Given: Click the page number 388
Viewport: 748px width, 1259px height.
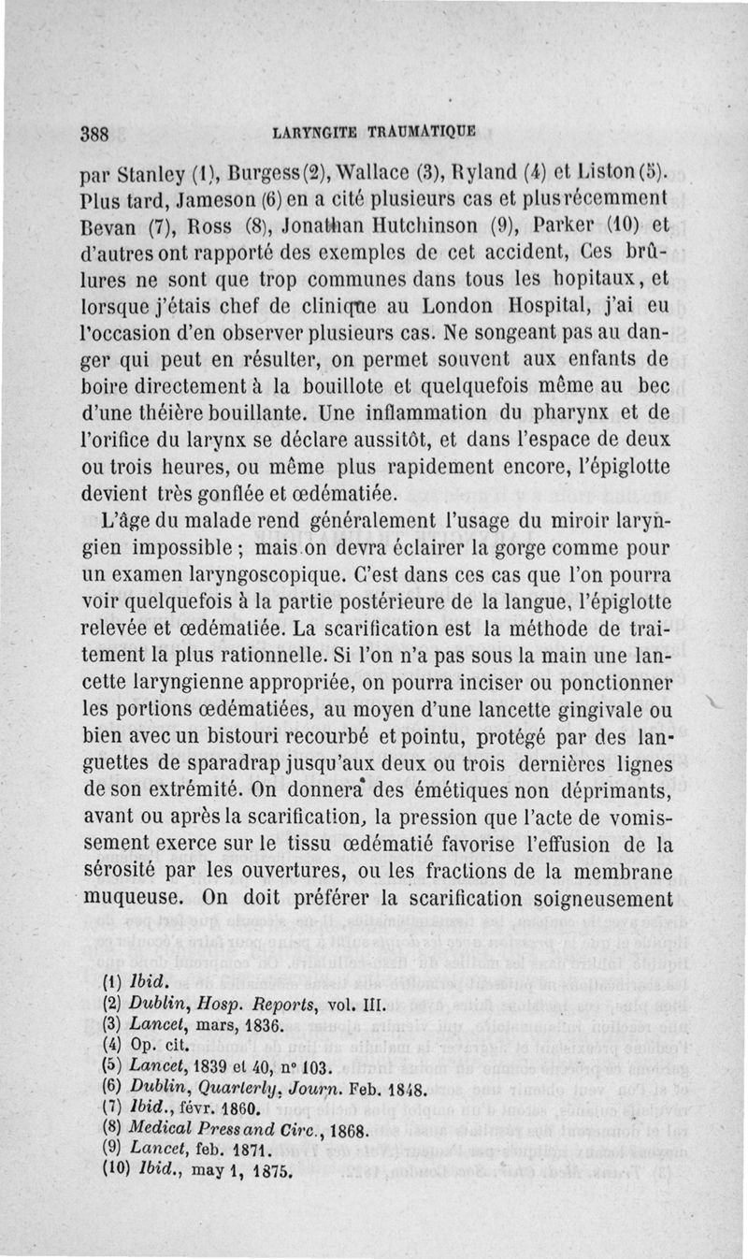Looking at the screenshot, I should tap(97, 132).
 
